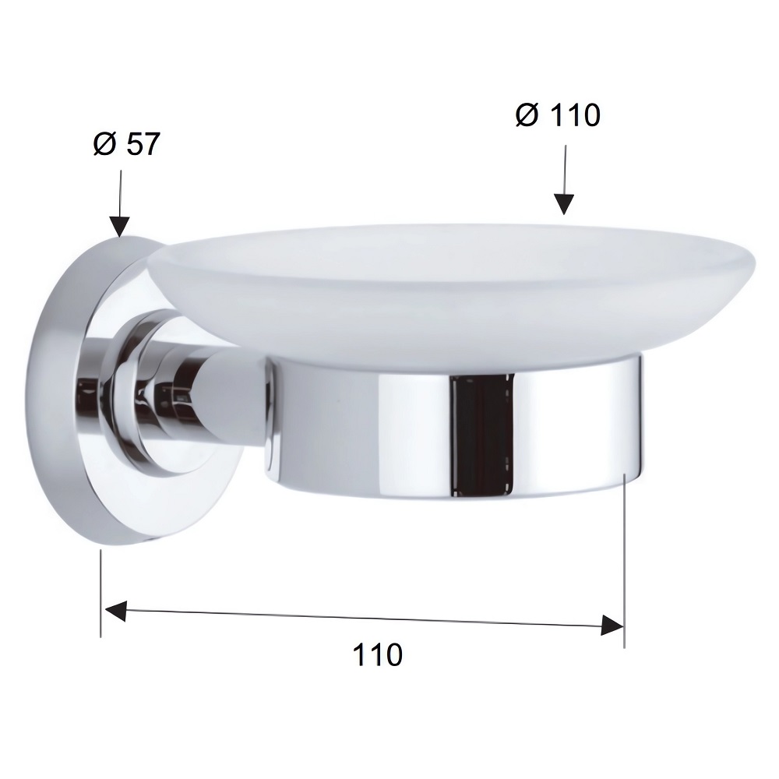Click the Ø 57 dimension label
pos(127,144)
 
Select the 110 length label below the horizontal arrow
pos(378,654)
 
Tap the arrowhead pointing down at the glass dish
pos(564,204)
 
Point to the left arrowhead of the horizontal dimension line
pos(115,611)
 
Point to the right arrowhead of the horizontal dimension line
pos(612,625)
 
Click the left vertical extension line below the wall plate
pos(100,593)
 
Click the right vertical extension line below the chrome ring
pos(624,561)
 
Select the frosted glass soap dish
pos(451,293)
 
